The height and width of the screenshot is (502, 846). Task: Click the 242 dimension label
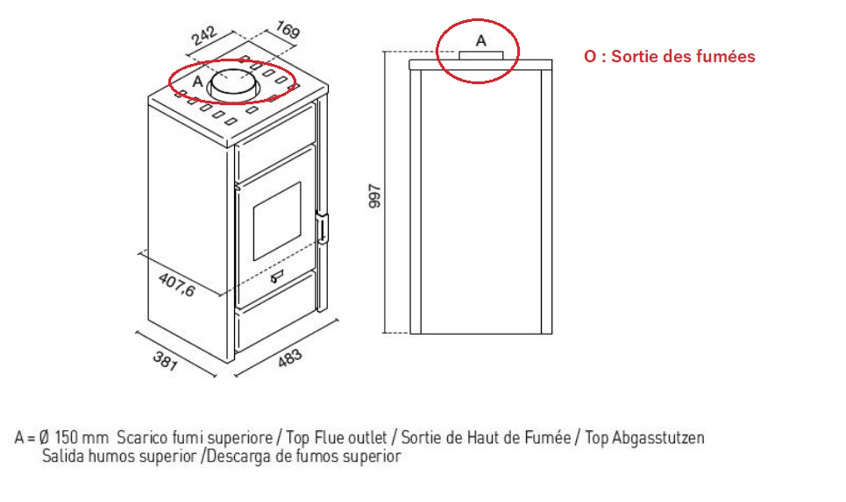pyautogui.click(x=204, y=37)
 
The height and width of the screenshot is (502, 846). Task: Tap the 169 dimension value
pyautogui.click(x=288, y=29)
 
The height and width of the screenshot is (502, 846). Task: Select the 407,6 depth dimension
pyautogui.click(x=177, y=285)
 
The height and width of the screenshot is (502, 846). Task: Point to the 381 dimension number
pyautogui.click(x=165, y=361)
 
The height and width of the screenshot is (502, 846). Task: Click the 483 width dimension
pyautogui.click(x=290, y=358)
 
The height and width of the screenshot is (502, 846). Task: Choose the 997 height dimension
pyautogui.click(x=374, y=196)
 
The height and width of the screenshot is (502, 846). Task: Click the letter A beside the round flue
pyautogui.click(x=197, y=81)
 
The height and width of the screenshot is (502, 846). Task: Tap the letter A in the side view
pyautogui.click(x=480, y=40)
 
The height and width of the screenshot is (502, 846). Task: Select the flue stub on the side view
pyautogui.click(x=481, y=56)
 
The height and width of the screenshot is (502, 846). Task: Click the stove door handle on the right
pyautogui.click(x=323, y=228)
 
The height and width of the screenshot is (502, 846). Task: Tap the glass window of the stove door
pyautogui.click(x=277, y=221)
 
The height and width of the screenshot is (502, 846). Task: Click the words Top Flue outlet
pyautogui.click(x=337, y=437)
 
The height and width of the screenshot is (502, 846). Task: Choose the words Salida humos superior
pyautogui.click(x=119, y=456)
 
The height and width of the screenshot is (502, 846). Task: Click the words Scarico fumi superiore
pyautogui.click(x=195, y=437)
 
